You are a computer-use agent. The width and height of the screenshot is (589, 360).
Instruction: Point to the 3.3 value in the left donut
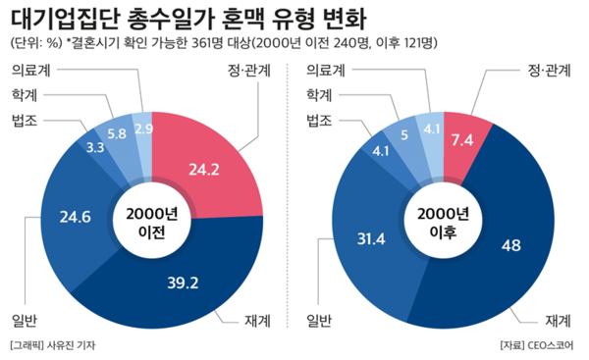(x=95, y=148)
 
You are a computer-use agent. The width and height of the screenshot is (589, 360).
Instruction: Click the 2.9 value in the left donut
(x=143, y=129)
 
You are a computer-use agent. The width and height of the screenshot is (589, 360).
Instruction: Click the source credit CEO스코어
(x=553, y=345)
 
